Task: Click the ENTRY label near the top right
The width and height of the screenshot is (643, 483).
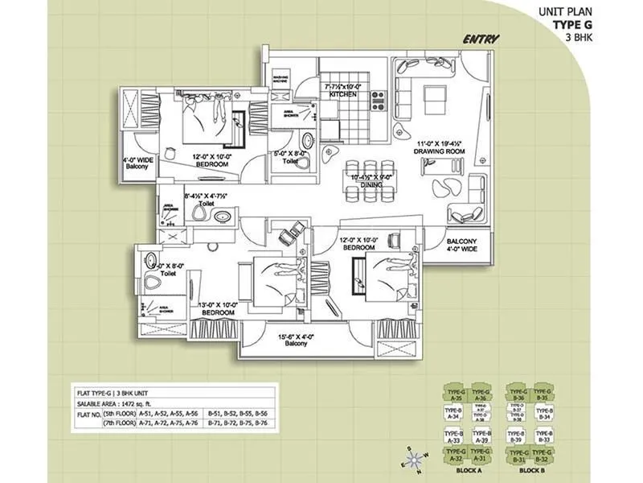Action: pyautogui.click(x=481, y=39)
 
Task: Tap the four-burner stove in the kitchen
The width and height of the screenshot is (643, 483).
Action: pyautogui.click(x=376, y=99)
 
